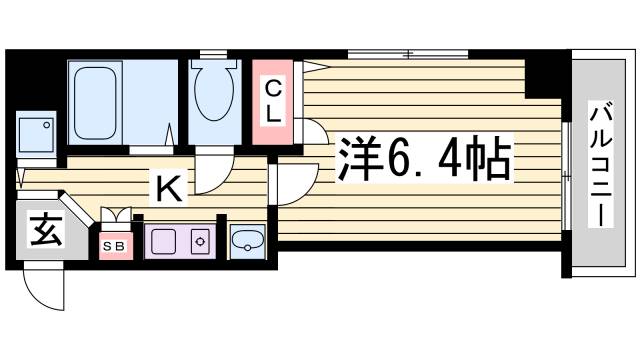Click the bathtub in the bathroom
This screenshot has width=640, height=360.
click(98, 100)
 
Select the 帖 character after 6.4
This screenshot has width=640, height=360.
click(489, 158)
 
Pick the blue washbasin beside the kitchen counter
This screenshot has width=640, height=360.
click(246, 241)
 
